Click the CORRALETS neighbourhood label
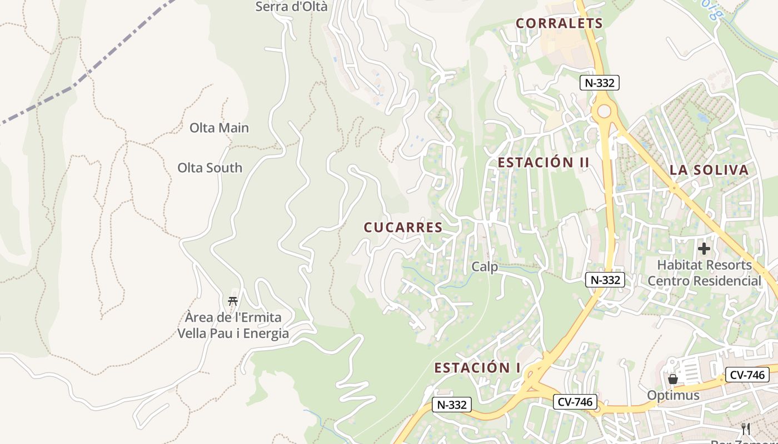(559, 23)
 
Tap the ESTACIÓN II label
(543, 163)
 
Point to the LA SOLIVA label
(709, 170)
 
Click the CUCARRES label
(403, 228)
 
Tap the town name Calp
(485, 267)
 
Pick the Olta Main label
(219, 128)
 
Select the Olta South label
(210, 168)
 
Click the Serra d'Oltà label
(291, 7)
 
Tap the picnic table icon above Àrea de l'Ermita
(233, 301)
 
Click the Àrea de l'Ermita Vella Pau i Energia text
(233, 325)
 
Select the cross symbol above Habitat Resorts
(704, 249)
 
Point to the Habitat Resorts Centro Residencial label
(704, 273)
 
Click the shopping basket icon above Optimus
(673, 379)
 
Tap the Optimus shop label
(673, 396)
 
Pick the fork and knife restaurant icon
(746, 428)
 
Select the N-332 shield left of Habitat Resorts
(605, 280)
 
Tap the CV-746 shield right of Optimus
(747, 375)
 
